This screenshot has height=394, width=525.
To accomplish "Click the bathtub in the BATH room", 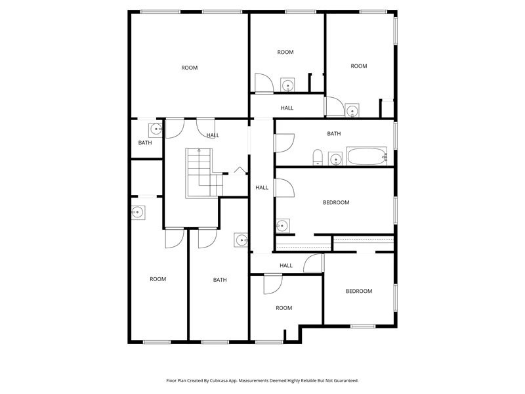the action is (367, 156).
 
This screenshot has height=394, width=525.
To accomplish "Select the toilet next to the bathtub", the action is (318, 158).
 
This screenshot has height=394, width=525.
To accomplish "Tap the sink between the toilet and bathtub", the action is (335, 159).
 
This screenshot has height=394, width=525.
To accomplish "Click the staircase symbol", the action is (204, 173).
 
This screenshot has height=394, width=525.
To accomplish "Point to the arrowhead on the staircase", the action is (199, 150).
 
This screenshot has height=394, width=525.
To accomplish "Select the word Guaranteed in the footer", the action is (347, 381).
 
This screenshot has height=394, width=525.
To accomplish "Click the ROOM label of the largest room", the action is (190, 68).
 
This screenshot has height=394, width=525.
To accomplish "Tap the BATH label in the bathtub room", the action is (334, 134).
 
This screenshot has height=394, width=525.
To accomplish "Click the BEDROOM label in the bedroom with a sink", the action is (336, 202).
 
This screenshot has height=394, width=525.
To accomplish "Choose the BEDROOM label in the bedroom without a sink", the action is (359, 291).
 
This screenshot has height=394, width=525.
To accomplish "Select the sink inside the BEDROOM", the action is (283, 226).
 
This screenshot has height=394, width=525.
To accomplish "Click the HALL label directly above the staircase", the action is (213, 135).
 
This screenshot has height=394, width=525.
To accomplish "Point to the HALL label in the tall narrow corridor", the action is (262, 188).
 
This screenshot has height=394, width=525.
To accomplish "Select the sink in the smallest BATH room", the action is (156, 129).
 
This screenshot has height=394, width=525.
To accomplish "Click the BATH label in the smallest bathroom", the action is (145, 142).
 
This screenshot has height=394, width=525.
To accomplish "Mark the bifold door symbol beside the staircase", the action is (239, 170).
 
